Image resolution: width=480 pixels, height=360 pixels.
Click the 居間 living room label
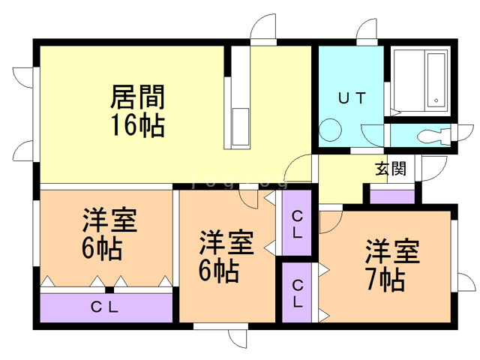(138, 97)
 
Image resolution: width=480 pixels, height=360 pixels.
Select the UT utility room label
(350, 97)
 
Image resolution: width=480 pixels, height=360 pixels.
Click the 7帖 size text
(385, 279)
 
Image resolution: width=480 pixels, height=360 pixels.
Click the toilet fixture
(433, 136)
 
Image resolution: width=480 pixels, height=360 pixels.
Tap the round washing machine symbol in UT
(329, 130)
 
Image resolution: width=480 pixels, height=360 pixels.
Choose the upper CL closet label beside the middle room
(297, 223)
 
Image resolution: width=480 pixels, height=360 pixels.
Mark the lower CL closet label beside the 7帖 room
(298, 293)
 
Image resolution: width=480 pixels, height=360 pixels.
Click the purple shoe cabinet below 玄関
(392, 196)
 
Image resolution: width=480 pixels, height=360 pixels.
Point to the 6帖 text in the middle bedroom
(219, 269)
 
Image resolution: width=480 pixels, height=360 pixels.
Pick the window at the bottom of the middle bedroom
(220, 327)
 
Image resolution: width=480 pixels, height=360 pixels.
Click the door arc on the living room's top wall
(263, 31)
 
